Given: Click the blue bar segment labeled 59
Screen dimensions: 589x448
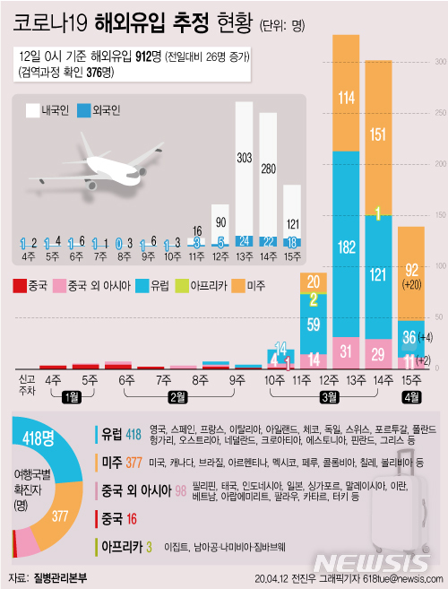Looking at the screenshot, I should [x=313, y=325].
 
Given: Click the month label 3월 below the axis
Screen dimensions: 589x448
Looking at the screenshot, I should [x=330, y=396].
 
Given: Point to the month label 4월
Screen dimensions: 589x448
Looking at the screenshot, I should [x=411, y=396].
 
